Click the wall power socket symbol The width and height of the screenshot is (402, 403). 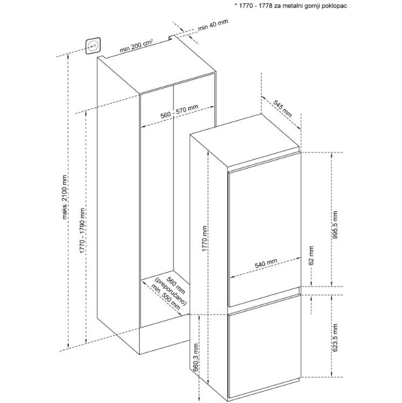point(93,46)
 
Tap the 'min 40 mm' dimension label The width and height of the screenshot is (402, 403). point(213,25)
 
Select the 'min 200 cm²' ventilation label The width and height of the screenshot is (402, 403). point(136,46)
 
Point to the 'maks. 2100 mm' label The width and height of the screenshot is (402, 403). point(64,197)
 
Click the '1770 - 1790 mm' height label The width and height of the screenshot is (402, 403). point(82,231)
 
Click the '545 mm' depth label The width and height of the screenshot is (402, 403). point(282,108)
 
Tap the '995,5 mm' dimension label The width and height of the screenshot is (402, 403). point(335,225)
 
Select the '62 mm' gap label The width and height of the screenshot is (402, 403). point(311,255)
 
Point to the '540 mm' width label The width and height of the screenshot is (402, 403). point(266,263)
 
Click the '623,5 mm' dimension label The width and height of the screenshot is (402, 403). point(335,338)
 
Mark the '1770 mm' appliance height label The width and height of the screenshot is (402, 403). point(205,239)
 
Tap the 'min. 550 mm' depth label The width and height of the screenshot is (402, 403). point(166,297)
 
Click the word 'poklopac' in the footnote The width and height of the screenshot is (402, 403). point(336,6)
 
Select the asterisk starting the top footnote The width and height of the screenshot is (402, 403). point(235,5)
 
